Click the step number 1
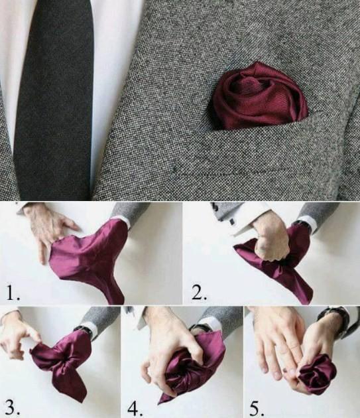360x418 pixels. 12,293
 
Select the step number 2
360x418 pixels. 199,293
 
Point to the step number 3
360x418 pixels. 12,407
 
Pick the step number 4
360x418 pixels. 135,407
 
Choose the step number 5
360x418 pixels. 257,407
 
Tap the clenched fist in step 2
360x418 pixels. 272,242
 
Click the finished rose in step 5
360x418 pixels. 317,373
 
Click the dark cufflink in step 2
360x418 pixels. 232,220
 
